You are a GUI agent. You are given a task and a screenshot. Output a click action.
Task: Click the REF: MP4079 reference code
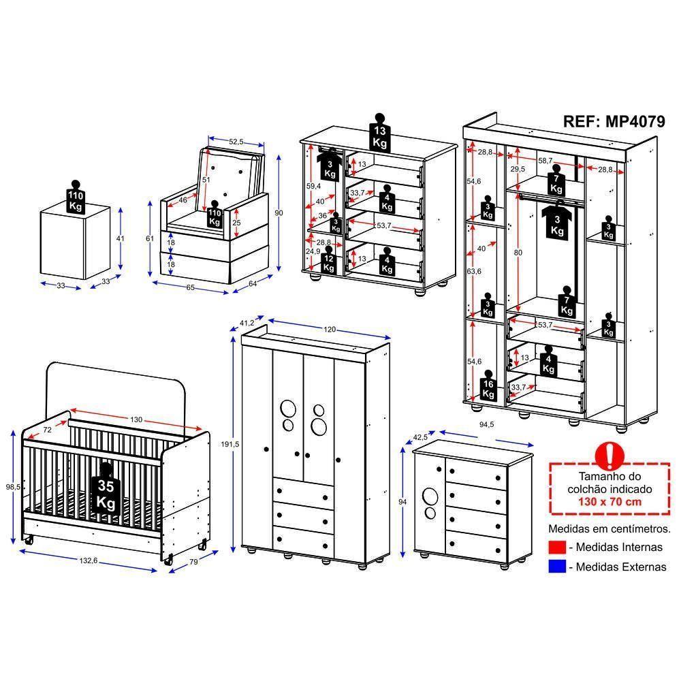click(614, 121)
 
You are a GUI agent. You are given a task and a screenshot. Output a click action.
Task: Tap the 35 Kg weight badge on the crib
click(106, 490)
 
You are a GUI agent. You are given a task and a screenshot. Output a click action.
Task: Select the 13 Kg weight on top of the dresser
click(379, 133)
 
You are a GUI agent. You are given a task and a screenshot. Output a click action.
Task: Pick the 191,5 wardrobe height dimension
click(229, 444)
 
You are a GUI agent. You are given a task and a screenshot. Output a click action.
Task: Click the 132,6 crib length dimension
click(88, 560)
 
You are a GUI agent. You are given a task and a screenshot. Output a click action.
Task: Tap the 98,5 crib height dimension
click(13, 487)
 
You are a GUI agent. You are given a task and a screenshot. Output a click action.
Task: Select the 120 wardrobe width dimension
click(330, 329)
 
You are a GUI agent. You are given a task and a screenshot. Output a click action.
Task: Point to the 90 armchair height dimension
click(279, 212)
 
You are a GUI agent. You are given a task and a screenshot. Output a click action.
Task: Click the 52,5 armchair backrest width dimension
click(236, 142)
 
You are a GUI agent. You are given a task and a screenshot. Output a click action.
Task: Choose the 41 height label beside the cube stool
click(121, 238)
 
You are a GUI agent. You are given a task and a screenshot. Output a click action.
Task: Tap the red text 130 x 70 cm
click(609, 502)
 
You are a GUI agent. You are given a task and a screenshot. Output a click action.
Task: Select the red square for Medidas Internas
click(557, 548)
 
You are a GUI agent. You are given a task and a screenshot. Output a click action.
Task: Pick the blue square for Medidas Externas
click(557, 567)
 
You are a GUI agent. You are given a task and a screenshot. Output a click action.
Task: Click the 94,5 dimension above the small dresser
click(486, 424)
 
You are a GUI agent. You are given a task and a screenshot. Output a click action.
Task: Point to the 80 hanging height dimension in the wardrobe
click(518, 253)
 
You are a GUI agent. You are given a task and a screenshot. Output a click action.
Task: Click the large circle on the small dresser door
click(430, 496)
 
